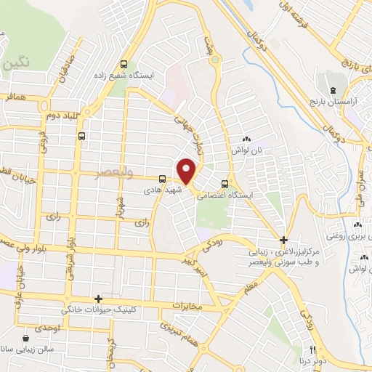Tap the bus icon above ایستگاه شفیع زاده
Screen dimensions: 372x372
(124, 63)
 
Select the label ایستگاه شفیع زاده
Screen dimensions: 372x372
(124, 75)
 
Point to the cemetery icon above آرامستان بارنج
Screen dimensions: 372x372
(333, 90)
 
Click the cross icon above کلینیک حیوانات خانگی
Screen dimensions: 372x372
(99, 299)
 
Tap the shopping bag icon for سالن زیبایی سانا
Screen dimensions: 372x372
(27, 337)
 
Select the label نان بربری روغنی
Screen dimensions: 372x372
(354, 236)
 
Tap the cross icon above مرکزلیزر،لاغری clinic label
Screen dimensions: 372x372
(284, 240)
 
